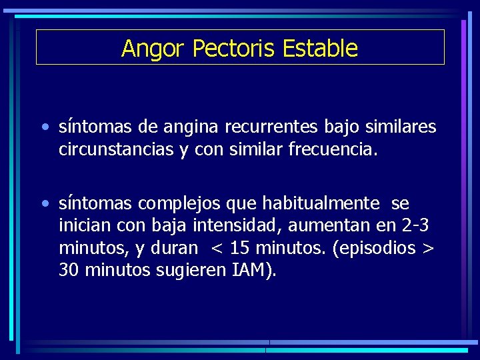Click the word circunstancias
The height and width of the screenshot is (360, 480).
pyautogui.click(x=116, y=149)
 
